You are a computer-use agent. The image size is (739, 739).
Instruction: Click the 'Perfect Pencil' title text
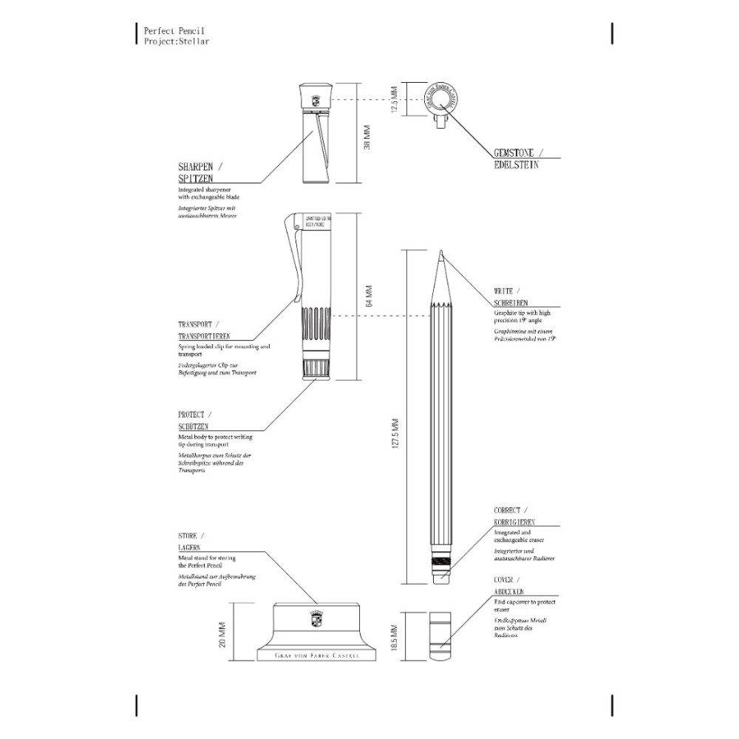pos(174,31)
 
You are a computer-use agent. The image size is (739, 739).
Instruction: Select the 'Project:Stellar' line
pos(177,41)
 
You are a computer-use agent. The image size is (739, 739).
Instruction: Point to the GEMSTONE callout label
pos(518,152)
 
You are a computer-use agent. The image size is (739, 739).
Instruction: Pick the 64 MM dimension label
pos(369,296)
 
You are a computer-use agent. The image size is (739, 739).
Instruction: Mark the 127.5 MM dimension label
pos(395,434)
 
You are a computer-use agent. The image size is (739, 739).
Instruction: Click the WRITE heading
pos(507,291)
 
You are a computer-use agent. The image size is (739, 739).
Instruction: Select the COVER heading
pos(507,581)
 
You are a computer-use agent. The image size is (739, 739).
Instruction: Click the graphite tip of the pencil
pos(440,256)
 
